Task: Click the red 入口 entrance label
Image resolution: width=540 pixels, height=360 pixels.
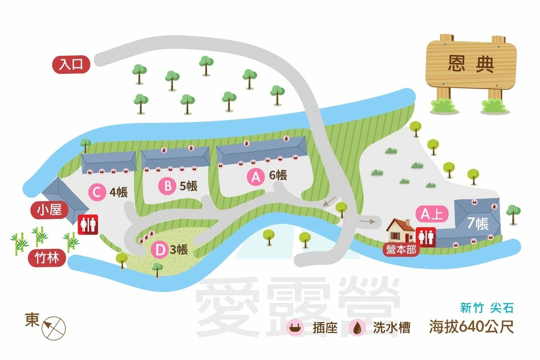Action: pos(71,64)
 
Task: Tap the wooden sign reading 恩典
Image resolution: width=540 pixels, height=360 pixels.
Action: pos(470,64)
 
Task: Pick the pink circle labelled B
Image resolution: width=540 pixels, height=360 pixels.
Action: pos(167,186)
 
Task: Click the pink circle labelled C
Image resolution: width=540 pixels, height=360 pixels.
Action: pos(96,192)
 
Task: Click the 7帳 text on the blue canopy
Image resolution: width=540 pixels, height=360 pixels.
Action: pos(478,224)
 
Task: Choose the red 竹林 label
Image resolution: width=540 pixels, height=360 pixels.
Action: pos(47,259)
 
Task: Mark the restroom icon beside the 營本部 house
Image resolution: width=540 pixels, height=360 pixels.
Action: pos(426,237)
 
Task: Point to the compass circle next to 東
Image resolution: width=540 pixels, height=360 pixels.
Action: pos(55,327)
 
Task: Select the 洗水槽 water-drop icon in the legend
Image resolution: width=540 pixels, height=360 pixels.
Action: pos(358,328)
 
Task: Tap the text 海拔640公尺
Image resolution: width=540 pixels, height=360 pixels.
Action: pos(471,327)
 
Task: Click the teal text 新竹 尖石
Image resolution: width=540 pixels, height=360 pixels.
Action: pos(486,308)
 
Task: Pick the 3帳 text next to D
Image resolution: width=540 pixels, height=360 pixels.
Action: pos(179,249)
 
